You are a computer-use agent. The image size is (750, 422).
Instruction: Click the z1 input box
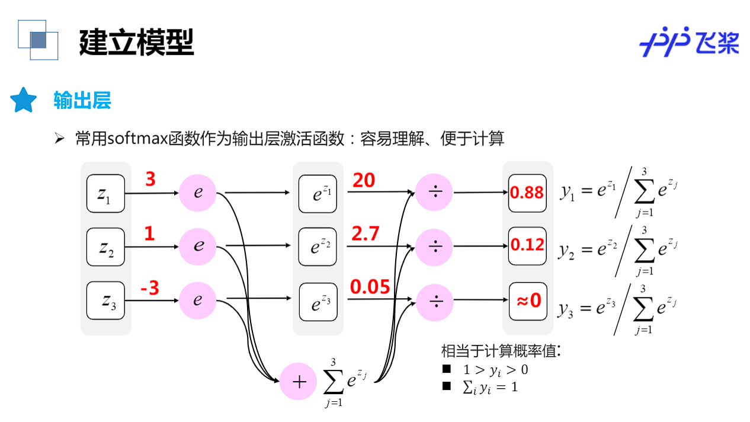coord(105,193)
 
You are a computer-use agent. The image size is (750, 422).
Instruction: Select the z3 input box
coord(105,301)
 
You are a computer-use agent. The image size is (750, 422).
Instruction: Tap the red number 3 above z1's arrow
coord(150,179)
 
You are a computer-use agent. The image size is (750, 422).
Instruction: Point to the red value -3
coord(149,289)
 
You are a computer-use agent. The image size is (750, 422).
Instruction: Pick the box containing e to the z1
coord(318,193)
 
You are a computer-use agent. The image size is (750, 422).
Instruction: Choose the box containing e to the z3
coord(318,302)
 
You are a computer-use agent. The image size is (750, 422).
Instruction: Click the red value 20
coord(364,180)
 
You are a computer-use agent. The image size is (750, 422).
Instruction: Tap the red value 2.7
coord(366,234)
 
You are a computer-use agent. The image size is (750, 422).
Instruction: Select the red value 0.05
coord(370,287)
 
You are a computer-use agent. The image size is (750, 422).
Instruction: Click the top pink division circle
coord(434,193)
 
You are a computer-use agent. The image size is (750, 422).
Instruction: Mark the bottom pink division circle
coord(434,302)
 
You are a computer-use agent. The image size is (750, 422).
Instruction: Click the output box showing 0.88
coord(527,193)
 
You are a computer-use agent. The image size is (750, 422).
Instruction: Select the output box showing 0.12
coord(527,245)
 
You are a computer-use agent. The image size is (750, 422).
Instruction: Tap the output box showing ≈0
coord(527,301)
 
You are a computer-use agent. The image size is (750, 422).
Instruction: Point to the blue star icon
coord(24,101)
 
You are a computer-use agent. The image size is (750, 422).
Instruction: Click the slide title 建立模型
coord(136,42)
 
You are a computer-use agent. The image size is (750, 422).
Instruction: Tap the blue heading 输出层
coord(82,101)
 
